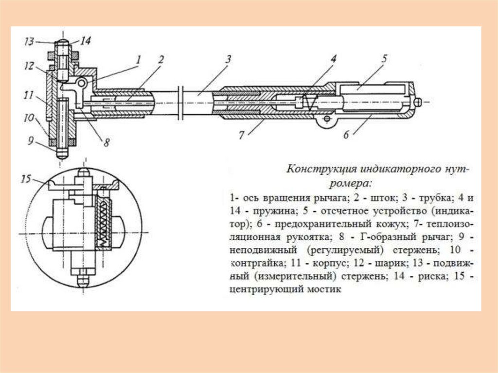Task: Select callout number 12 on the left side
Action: [x=29, y=66]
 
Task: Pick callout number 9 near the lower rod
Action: [x=31, y=142]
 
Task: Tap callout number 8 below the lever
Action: [x=107, y=143]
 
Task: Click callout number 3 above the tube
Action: [x=227, y=60]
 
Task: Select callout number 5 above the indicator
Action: [x=384, y=59]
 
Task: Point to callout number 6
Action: [x=346, y=136]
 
